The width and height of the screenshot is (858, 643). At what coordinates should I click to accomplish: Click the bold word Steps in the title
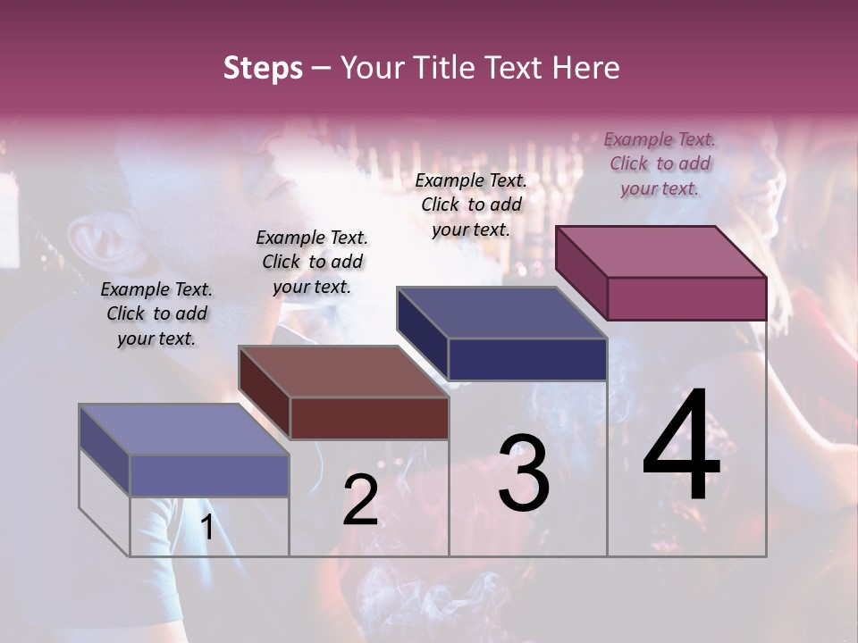[x=263, y=68]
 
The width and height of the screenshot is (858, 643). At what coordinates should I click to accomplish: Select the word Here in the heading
[x=586, y=68]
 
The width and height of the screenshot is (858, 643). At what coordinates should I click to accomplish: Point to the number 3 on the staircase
[x=524, y=472]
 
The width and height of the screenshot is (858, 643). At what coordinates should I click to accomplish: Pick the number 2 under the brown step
[x=360, y=500]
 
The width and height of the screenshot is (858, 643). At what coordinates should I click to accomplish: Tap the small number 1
[x=206, y=528]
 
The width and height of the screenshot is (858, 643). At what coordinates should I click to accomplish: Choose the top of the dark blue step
[x=501, y=313]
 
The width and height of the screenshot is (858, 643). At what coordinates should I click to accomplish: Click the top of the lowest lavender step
[x=184, y=430]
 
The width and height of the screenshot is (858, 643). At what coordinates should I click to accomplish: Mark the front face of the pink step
[x=686, y=298]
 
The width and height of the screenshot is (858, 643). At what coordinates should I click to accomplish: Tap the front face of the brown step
[x=369, y=418]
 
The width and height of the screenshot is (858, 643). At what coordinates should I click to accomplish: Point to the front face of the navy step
[x=527, y=359]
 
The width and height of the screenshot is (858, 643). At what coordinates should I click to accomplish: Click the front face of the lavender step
[x=209, y=475]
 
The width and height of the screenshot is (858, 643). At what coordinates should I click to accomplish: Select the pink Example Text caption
[x=660, y=163]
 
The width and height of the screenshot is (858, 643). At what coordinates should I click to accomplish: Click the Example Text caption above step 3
[x=471, y=205]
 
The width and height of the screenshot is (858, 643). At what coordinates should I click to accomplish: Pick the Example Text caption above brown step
[x=312, y=262]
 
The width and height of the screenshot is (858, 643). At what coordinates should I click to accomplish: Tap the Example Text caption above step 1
[x=156, y=313]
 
